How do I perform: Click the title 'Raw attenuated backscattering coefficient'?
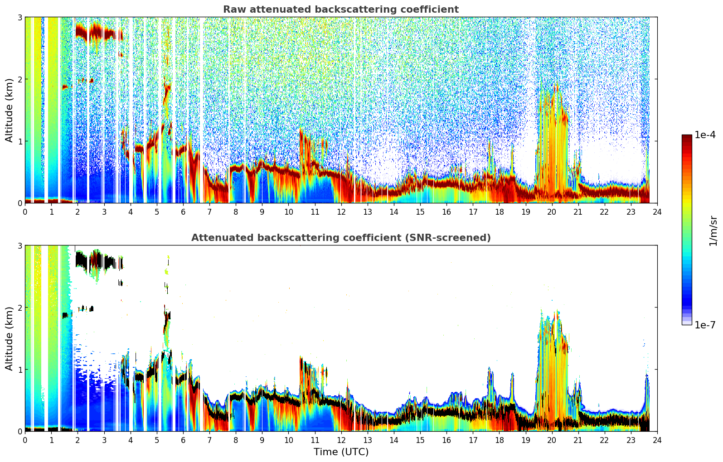[x=341, y=10]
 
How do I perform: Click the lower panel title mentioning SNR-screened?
[x=341, y=238]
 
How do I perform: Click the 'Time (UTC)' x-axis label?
[x=341, y=452]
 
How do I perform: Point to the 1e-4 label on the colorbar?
[x=705, y=135]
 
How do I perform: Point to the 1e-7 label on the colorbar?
[x=705, y=325]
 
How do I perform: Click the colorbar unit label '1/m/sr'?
[x=713, y=231]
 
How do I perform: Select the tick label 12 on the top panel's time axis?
[x=341, y=212]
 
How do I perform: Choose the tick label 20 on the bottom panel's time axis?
[x=552, y=440]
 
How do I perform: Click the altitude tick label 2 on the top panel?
[x=19, y=79]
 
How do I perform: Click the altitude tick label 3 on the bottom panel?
[x=19, y=246]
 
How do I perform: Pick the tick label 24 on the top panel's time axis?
[x=657, y=212]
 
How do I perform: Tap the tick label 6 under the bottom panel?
[x=183, y=440]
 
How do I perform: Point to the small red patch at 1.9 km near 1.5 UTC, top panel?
[x=66, y=87]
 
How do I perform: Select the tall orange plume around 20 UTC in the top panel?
[x=553, y=142]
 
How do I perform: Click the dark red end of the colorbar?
[x=687, y=138]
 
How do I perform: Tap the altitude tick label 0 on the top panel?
[x=19, y=203]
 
